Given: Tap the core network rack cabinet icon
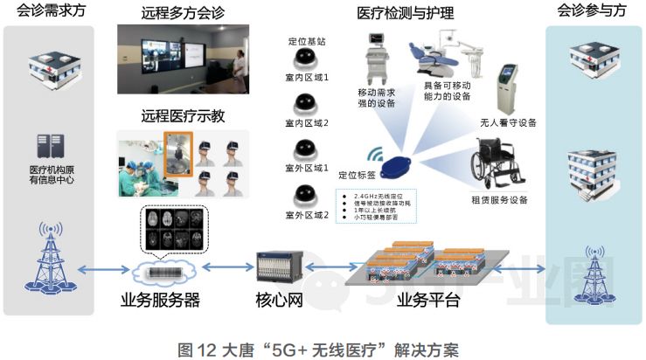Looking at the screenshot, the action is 279,267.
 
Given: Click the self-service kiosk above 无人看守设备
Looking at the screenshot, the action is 507,87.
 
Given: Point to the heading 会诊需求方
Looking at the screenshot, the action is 49,12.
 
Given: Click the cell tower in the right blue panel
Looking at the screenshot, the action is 594,271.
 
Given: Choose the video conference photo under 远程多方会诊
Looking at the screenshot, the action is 183,61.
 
